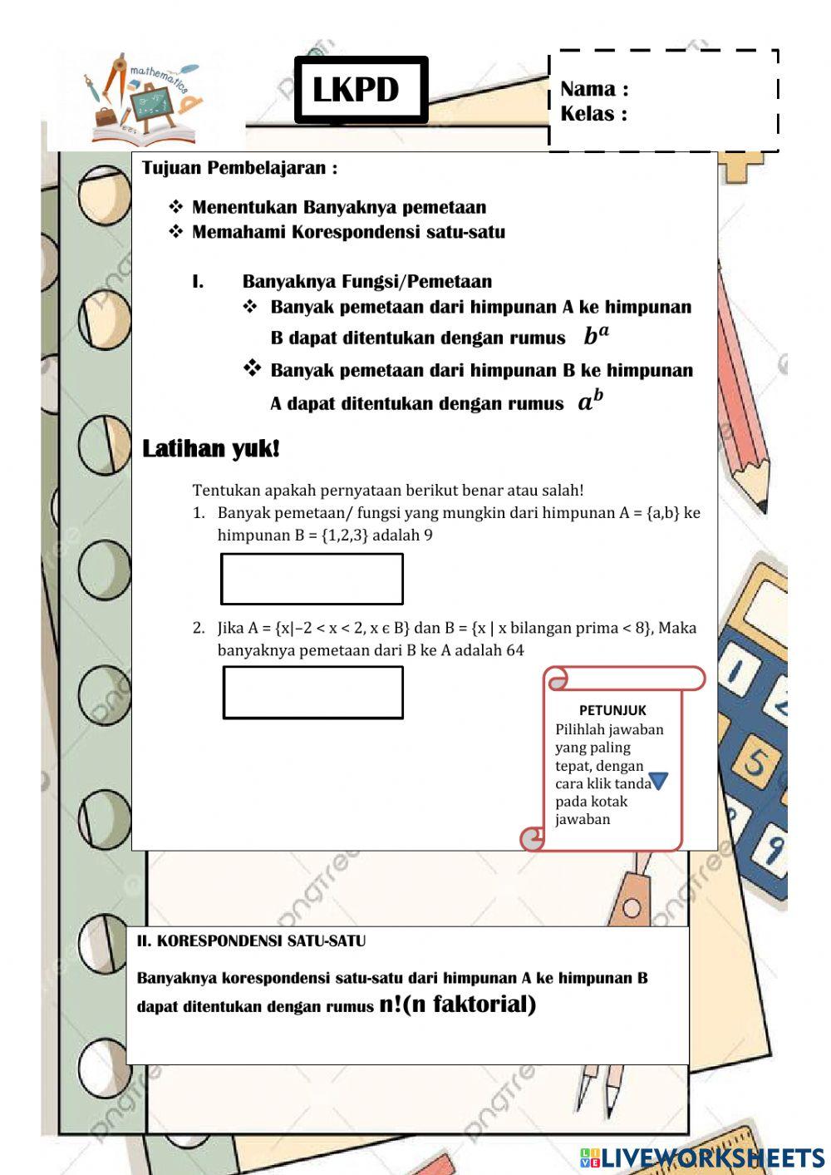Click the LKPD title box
pyautogui.click(x=361, y=90)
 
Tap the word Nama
pyautogui.click(x=588, y=89)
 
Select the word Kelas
pyautogui.click(x=588, y=114)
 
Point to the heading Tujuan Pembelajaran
pyautogui.click(x=239, y=168)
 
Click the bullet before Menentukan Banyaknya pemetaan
pyautogui.click(x=175, y=206)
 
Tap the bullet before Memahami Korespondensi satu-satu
pyautogui.click(x=175, y=231)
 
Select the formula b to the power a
pyautogui.click(x=596, y=335)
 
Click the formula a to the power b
pyautogui.click(x=590, y=402)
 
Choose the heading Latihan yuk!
pyautogui.click(x=211, y=449)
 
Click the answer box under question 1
pyautogui.click(x=312, y=579)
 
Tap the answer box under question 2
pyautogui.click(x=312, y=692)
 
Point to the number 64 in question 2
pyautogui.click(x=515, y=650)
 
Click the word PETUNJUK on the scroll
pyautogui.click(x=612, y=710)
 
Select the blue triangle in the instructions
pyautogui.click(x=658, y=781)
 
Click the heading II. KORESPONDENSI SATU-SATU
pyautogui.click(x=251, y=941)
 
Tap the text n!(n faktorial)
pyautogui.click(x=457, y=1004)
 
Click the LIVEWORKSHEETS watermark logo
pyautogui.click(x=702, y=1157)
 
